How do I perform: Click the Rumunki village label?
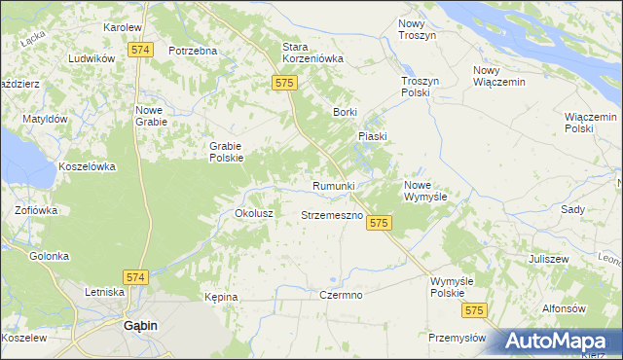(333, 185)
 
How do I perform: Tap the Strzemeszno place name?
(332, 214)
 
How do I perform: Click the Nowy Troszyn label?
(418, 28)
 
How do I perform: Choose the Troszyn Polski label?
(422, 88)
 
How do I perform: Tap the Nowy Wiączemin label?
(498, 76)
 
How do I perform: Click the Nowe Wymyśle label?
(425, 190)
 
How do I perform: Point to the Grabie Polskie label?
(226, 152)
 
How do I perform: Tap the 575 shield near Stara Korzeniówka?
(284, 85)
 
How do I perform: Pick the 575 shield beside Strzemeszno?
(380, 223)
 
